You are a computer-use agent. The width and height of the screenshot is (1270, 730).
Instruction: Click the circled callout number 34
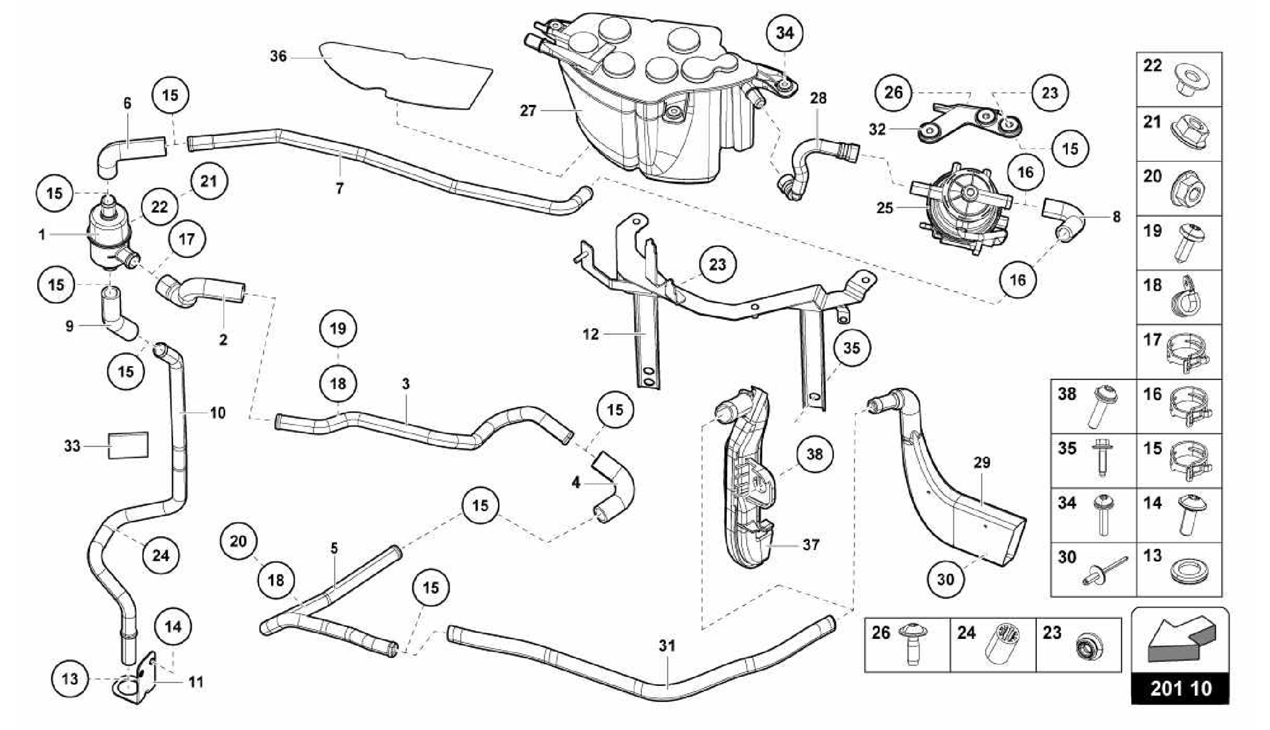point(785,33)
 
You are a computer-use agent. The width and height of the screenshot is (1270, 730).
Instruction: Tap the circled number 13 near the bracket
point(70,679)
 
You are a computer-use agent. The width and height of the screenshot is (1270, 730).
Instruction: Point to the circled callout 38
point(814,454)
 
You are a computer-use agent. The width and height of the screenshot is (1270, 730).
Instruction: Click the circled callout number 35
point(851,348)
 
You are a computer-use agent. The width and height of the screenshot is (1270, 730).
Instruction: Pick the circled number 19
point(338,328)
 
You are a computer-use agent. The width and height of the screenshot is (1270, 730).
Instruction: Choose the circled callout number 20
point(238,541)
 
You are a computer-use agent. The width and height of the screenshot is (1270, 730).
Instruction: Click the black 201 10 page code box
point(1180,688)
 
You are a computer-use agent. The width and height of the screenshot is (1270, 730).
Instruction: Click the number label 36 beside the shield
point(278,56)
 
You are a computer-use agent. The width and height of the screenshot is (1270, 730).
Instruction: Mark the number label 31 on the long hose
point(667,646)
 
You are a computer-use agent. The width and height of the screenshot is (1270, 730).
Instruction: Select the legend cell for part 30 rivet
point(1093,569)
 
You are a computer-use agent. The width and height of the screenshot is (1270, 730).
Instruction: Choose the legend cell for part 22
point(1179,79)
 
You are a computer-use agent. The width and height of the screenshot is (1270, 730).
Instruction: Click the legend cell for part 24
point(993,644)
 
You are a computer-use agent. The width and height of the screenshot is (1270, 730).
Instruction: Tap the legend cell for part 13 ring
point(1179,569)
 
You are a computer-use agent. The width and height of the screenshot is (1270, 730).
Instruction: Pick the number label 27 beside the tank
point(528,111)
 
